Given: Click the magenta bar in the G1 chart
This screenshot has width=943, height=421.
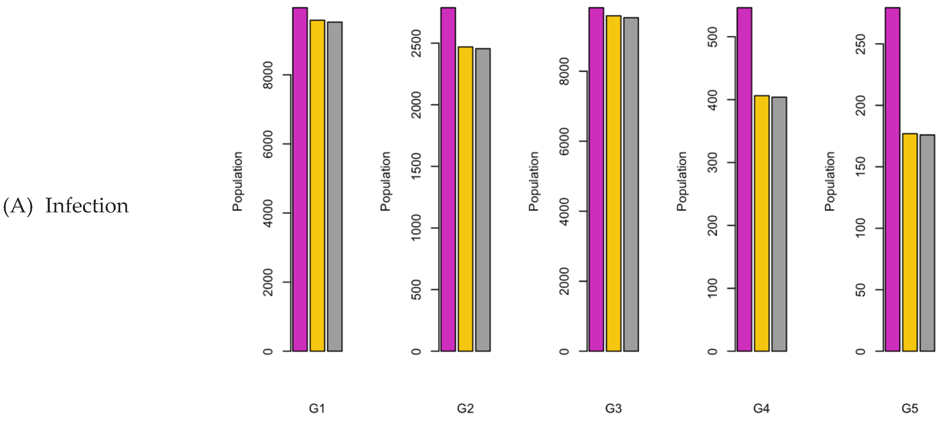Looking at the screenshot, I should [300, 179].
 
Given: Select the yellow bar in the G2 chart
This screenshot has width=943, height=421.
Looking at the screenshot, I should [465, 199].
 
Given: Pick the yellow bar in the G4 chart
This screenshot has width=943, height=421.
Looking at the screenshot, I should [761, 223].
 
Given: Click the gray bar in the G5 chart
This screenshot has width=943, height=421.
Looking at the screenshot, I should [927, 243].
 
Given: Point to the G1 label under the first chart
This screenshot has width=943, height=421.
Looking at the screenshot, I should [317, 409].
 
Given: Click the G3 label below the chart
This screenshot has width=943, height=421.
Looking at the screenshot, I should [613, 409].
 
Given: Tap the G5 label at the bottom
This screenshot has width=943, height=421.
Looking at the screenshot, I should [910, 409].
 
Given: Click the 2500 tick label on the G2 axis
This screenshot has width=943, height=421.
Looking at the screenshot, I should [417, 43].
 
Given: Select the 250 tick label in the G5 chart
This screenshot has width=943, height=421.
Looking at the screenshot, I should [861, 44].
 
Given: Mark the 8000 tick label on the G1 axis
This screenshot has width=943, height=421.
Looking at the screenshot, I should [268, 75].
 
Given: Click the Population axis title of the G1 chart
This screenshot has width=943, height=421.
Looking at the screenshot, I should [238, 181].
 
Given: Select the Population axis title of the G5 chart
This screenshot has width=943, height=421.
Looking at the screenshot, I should [830, 181].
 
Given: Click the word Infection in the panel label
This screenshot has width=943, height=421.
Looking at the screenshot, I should [87, 206].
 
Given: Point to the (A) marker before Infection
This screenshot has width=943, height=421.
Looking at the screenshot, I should [18, 206].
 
